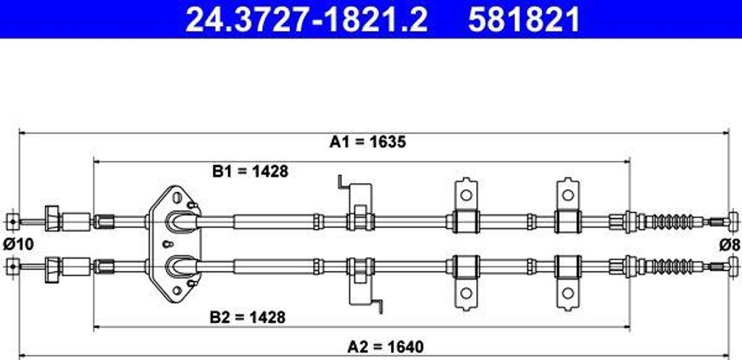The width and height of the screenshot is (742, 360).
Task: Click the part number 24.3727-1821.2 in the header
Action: [307, 20]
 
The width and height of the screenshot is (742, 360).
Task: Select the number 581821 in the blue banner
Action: [524, 20]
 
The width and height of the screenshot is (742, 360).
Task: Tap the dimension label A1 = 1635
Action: [367, 142]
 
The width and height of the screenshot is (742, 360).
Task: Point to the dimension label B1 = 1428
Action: [250, 171]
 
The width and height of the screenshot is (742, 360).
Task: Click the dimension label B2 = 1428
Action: [248, 317]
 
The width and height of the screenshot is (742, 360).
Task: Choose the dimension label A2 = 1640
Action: [385, 348]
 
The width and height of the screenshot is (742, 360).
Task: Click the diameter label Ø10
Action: [18, 244]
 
